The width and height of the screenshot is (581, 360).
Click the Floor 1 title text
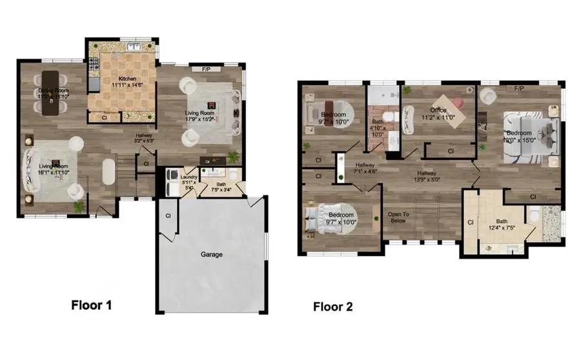pos(92,305)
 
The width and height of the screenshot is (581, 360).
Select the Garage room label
pos(211,254)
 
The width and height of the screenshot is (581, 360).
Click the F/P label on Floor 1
pos(207,68)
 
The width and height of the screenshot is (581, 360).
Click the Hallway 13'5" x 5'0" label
pos(427,177)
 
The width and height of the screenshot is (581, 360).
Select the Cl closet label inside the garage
pos(168,215)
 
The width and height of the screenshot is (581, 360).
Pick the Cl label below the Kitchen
pos(105,117)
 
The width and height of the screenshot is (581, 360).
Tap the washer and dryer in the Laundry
pos(172,182)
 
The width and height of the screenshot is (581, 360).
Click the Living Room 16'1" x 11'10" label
pos(52,169)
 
